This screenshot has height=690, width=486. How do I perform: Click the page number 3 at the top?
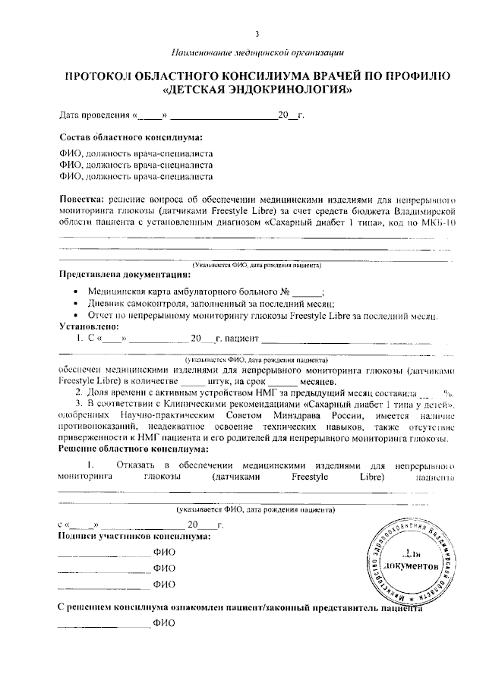257,34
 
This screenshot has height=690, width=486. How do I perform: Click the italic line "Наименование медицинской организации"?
258,52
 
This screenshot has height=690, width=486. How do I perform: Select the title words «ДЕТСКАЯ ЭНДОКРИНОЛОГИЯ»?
258,90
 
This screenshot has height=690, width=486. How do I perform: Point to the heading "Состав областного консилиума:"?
131,137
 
